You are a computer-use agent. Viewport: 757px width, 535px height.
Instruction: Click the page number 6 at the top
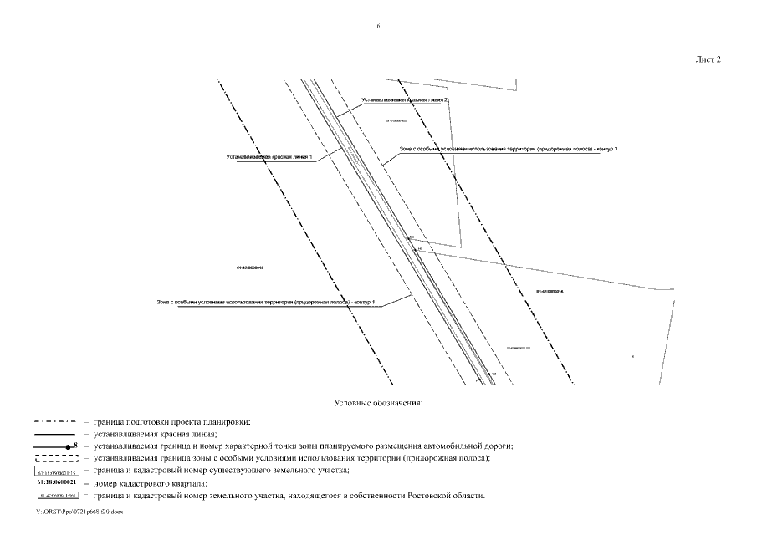[378, 27]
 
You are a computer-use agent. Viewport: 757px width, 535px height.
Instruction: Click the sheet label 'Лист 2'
[708, 59]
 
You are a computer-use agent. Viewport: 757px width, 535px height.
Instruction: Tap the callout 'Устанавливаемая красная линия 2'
[405, 99]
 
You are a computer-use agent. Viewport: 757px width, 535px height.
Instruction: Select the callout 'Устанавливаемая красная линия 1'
[269, 157]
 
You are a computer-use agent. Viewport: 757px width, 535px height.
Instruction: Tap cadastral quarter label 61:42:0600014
[550, 292]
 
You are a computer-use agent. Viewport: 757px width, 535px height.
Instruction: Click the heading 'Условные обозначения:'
[378, 403]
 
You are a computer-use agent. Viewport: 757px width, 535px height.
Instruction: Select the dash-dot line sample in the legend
[55, 423]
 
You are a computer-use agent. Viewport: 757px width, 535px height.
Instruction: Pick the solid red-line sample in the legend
[55, 435]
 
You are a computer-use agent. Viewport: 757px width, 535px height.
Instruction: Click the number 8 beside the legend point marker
[74, 446]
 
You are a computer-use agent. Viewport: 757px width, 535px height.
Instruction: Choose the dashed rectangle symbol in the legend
[55, 459]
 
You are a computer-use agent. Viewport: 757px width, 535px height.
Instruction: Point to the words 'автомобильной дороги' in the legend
[469, 446]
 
